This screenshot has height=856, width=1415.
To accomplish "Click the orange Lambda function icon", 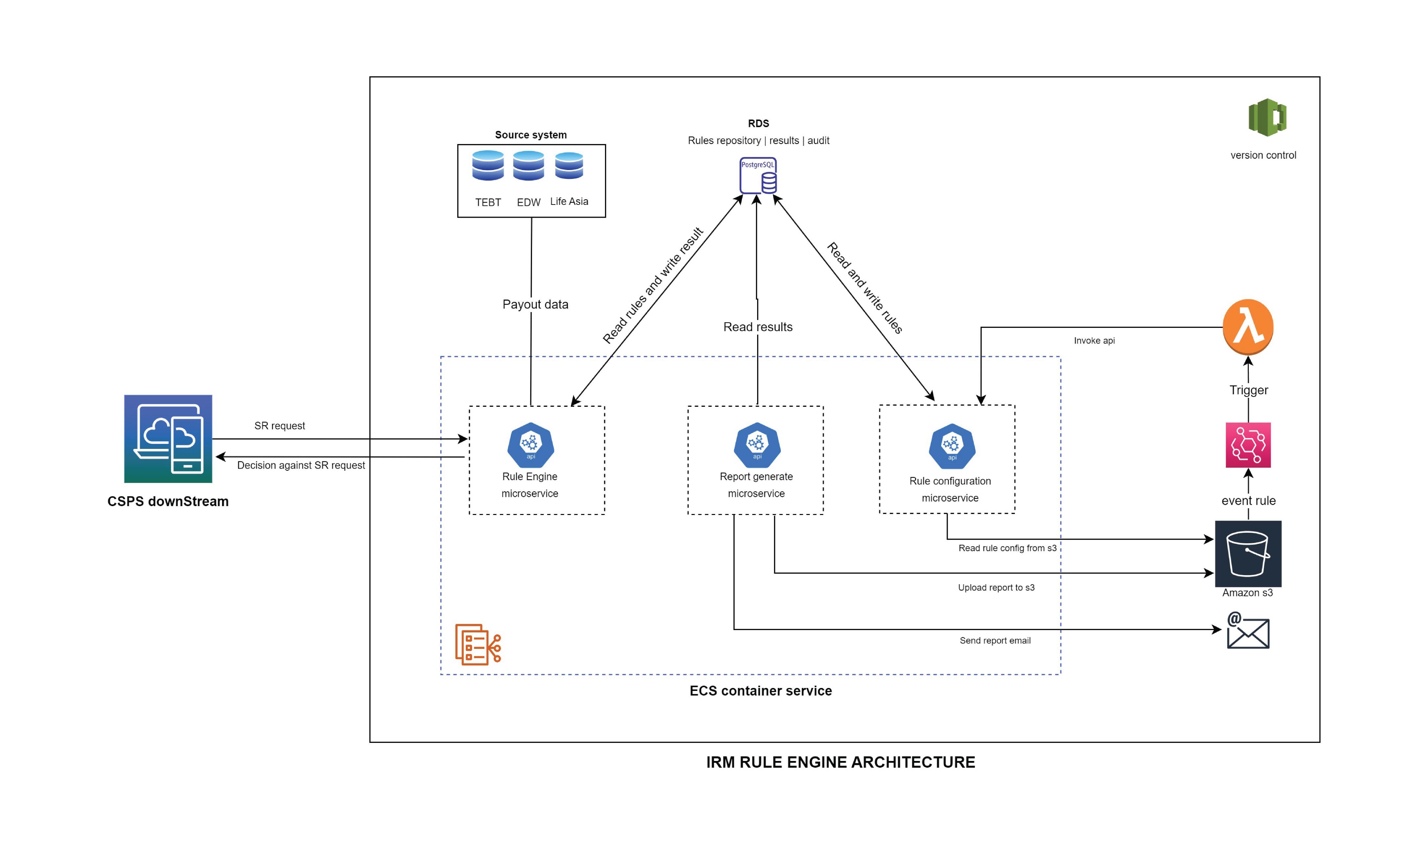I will coord(1247,326).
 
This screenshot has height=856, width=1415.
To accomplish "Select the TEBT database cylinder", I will coord(488,165).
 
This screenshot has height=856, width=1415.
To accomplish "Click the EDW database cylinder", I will coord(528,165).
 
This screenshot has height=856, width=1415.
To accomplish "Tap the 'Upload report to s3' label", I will coord(996,587).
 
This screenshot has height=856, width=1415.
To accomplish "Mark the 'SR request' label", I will coord(280,426).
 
